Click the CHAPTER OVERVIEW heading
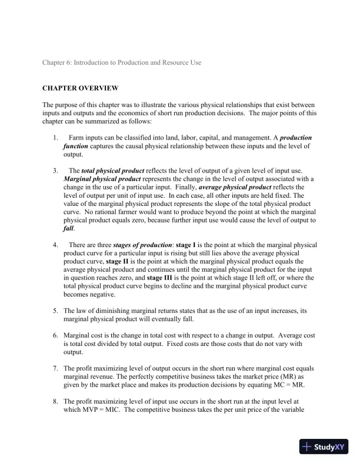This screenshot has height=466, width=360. [80, 88]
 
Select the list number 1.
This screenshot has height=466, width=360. [55, 138]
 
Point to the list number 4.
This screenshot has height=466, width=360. [55, 244]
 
